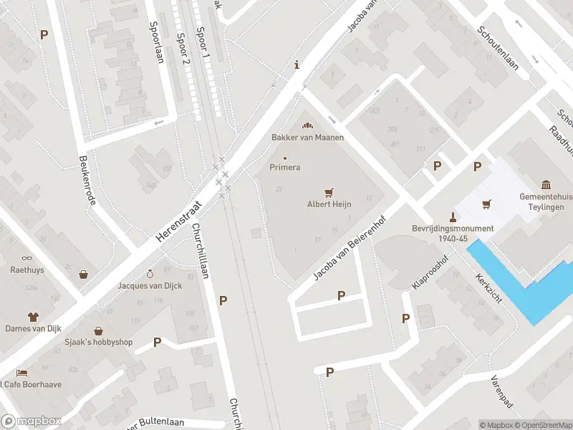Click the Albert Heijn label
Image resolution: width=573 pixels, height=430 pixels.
[329, 204]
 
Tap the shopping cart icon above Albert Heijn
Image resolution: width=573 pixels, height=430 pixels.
[329, 192]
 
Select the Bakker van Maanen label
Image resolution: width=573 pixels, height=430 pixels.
[307, 137]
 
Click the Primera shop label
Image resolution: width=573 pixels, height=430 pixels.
[284, 167]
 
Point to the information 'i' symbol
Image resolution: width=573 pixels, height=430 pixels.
[297, 66]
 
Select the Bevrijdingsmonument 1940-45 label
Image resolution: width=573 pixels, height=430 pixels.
[453, 234]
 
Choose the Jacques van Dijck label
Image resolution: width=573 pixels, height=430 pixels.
[150, 286]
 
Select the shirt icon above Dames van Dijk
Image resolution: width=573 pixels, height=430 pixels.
[33, 316]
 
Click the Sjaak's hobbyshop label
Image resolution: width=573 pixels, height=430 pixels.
[98, 343]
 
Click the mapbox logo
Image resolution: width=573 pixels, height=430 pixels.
[31, 421]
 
